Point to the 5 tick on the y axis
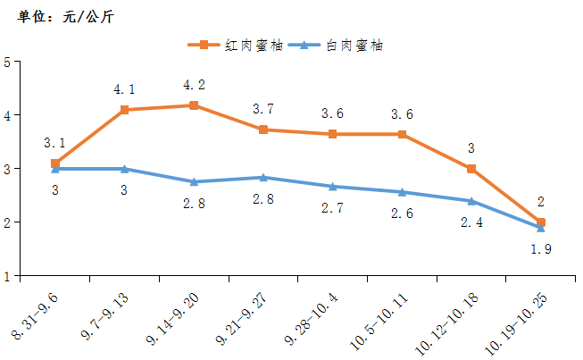(7, 62)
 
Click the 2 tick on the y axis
(7, 222)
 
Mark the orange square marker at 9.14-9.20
(194, 105)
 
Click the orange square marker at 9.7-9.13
(124, 110)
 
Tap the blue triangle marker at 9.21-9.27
(263, 177)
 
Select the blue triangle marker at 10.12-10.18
(471, 201)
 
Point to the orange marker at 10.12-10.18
(471, 169)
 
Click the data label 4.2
(194, 86)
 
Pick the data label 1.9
(541, 249)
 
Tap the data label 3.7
(263, 110)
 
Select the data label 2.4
(471, 222)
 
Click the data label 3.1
(54, 143)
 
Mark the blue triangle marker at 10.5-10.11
(402, 192)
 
